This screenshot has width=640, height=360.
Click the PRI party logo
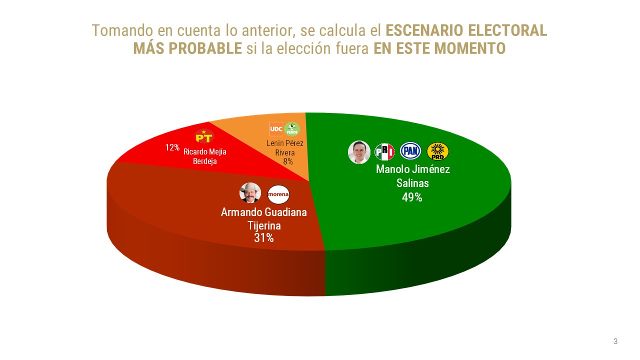(384, 151)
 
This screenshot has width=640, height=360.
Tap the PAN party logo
(410, 151)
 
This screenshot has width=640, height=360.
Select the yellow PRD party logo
(437, 151)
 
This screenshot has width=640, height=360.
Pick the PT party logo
(204, 136)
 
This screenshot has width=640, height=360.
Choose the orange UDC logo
(276, 129)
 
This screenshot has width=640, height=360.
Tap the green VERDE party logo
(292, 129)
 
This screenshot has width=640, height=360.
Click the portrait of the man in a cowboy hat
(250, 193)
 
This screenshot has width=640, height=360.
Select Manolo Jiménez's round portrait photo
(359, 152)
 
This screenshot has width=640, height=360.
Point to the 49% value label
(412, 197)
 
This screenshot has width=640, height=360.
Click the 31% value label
(263, 238)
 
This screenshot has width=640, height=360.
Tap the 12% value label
(172, 148)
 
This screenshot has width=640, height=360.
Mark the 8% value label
(288, 161)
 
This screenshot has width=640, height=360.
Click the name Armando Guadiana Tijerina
(264, 218)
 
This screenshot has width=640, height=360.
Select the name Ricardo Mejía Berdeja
(204, 156)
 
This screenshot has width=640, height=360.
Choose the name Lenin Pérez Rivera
(285, 148)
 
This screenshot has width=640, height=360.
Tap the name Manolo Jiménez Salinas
(412, 176)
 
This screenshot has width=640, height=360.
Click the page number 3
(615, 341)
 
